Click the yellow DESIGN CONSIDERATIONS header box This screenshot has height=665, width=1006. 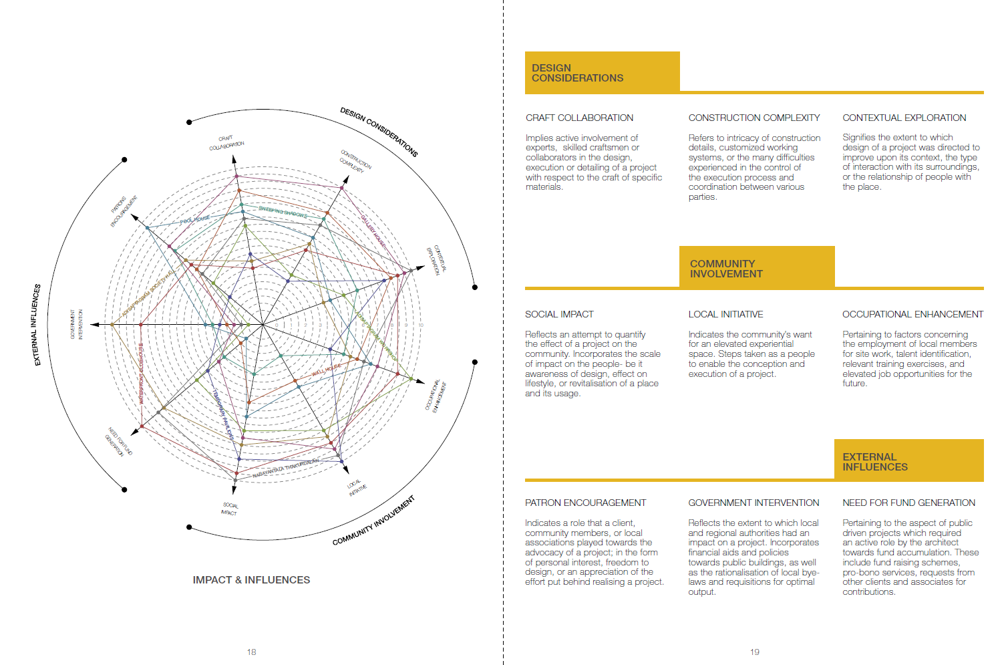(602, 72)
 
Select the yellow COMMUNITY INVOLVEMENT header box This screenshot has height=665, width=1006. (757, 268)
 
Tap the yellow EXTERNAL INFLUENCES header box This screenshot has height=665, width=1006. (908, 461)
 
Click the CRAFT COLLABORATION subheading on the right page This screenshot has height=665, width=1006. (579, 118)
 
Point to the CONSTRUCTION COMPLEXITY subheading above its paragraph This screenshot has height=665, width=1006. (754, 118)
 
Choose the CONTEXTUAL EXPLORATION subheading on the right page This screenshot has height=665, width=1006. (904, 118)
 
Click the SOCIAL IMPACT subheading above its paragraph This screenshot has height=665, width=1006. (559, 314)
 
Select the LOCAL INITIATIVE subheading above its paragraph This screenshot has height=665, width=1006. (725, 314)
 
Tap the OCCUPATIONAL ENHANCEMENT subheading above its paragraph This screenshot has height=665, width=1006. (912, 314)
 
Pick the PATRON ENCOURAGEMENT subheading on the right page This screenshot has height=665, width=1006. (585, 503)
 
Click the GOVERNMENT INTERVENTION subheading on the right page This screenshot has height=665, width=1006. (753, 503)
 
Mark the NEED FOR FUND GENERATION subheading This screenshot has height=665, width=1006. (908, 503)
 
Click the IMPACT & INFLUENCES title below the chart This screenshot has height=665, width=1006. (251, 580)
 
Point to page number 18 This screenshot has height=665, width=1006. (251, 652)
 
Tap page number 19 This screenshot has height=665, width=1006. (754, 652)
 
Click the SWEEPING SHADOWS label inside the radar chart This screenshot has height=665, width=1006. (283, 212)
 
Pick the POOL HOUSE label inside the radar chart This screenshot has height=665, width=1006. (194, 219)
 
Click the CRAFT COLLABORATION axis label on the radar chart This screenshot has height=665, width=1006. (226, 142)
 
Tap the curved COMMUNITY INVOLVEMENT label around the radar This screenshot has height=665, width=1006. (373, 521)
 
